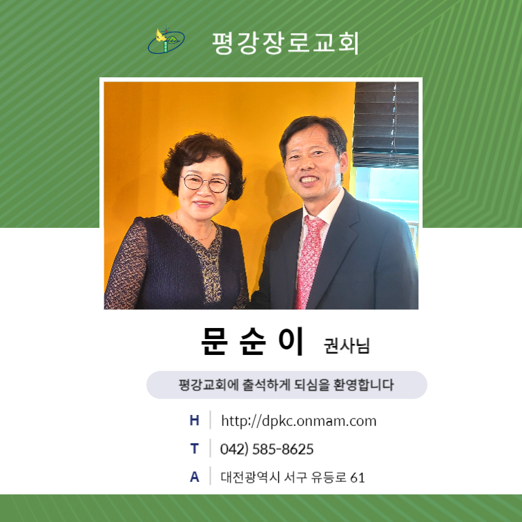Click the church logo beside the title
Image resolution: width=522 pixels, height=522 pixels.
[166, 40]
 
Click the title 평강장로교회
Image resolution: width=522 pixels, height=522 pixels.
[285, 43]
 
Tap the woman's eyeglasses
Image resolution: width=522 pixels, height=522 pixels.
[205, 184]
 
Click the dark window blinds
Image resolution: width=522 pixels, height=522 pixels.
[385, 124]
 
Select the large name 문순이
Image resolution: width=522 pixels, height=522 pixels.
[253, 341]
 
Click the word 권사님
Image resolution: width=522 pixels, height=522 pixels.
[347, 345]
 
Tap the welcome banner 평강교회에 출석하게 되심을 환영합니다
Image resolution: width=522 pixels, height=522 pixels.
[287, 385]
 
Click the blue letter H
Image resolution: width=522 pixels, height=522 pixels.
[195, 420]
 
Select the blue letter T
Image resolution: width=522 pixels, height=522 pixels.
[195, 449]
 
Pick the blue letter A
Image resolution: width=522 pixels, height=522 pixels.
[195, 477]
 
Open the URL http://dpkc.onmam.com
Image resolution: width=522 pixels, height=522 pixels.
[298, 421]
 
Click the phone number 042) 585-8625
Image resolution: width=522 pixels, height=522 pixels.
[267, 449]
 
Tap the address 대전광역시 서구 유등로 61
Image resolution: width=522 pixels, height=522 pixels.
[293, 477]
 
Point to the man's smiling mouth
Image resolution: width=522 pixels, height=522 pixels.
[309, 180]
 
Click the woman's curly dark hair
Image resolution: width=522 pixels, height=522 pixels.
[204, 157]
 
